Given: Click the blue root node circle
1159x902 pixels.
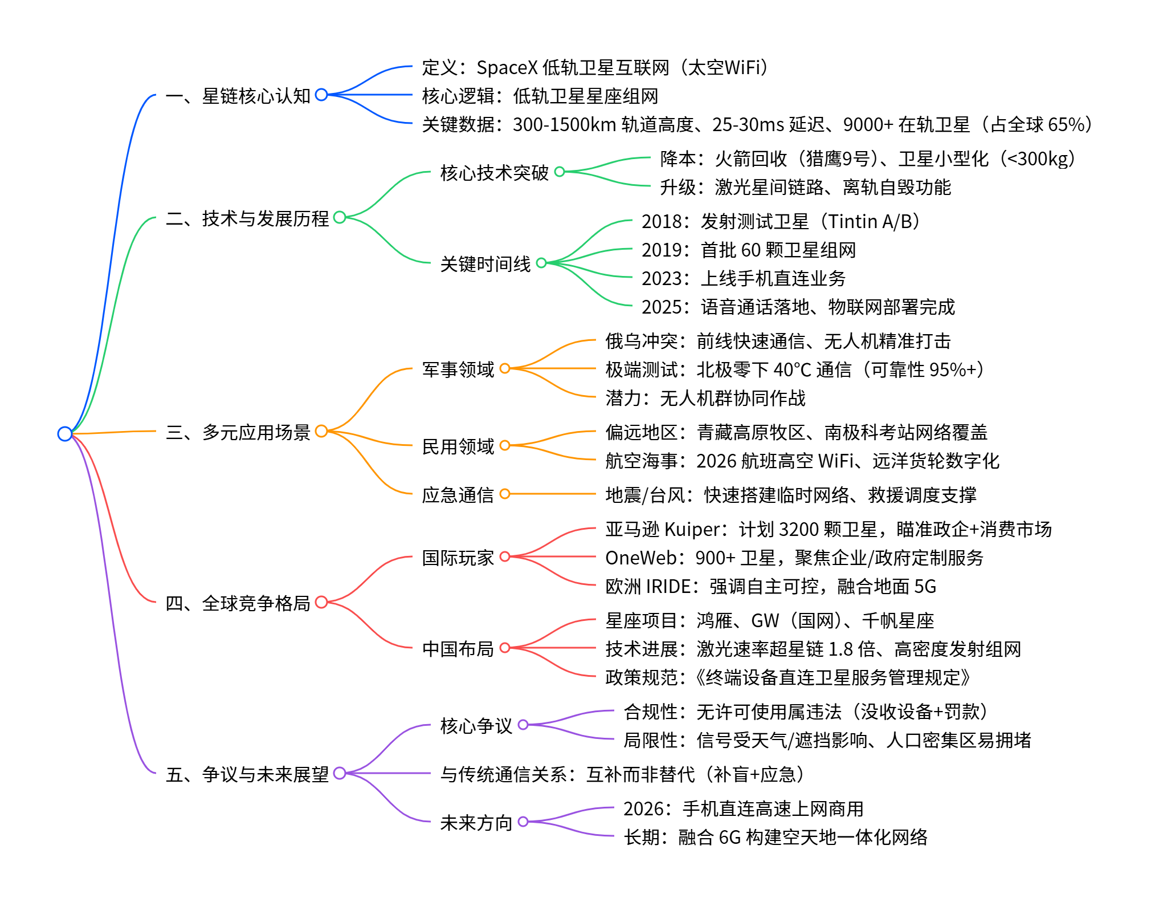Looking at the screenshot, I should coord(65,434).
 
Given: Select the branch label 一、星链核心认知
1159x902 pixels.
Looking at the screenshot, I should coord(238,96).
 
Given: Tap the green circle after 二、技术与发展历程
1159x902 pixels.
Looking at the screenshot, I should coord(340,217).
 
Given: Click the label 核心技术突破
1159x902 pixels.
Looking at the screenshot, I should coord(494,172).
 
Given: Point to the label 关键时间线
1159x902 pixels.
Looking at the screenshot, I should coord(485,264).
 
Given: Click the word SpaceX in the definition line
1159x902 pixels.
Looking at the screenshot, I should coord(507,68).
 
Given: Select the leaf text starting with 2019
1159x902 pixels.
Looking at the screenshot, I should coord(748,250).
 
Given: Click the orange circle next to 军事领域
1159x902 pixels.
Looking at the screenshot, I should coord(505,369).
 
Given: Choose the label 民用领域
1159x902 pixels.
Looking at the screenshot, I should coord(458,446).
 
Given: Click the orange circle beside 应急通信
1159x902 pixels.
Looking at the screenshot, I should coord(505,494).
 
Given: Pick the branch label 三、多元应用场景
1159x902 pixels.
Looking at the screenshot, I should coord(238,432).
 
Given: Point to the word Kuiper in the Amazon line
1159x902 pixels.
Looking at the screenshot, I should coord(692,530).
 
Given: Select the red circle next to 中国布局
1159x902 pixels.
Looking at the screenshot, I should coord(505,648).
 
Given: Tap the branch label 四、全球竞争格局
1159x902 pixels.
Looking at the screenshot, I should coord(238,603).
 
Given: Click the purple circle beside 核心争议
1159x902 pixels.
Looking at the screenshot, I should coord(523,725).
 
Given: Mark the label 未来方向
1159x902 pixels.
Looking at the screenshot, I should coord(476,823).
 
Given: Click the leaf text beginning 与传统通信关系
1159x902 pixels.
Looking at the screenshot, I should coord(622,774).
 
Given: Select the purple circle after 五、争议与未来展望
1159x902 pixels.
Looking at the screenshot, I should coord(340,774).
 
